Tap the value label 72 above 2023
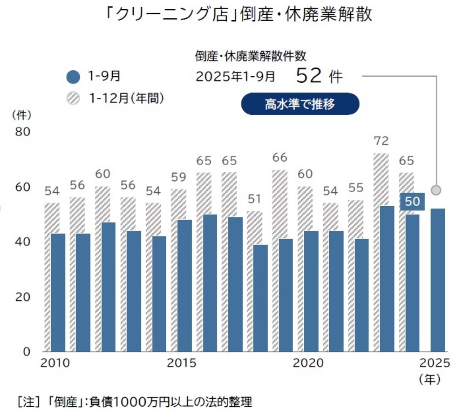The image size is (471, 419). (382, 141)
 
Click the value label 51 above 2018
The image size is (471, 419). (254, 199)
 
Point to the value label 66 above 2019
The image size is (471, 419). (280, 158)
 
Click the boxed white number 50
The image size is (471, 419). (412, 201)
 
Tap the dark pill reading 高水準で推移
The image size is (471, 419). (300, 104)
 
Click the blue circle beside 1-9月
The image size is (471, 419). (73, 78)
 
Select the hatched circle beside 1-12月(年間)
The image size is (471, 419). (73, 99)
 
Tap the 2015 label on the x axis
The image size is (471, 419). (181, 363)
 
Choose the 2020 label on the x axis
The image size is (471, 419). (308, 363)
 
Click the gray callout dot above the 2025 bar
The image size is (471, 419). (437, 190)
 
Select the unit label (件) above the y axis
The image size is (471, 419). (22, 114)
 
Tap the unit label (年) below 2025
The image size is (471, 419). (430, 379)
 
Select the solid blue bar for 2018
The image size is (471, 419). (261, 298)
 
